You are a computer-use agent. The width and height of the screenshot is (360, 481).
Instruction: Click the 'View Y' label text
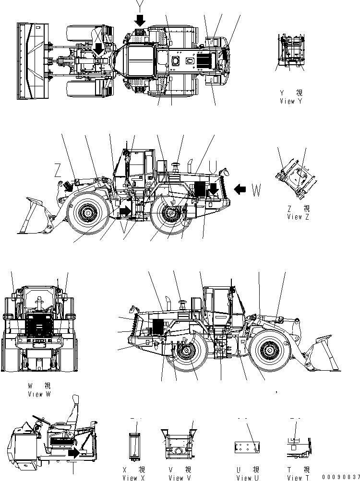coord(291,101)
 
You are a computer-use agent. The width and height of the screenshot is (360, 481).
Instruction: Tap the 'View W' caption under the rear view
coord(39,394)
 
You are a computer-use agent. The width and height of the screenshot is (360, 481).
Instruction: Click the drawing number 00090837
coord(341,477)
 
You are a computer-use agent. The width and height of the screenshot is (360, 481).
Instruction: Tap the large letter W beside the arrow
coord(256,190)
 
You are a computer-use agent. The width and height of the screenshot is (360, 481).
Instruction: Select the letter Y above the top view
coord(140,6)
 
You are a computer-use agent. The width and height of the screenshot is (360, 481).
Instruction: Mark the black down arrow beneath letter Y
coord(140,20)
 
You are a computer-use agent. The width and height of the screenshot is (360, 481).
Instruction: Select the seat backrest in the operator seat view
coord(75,408)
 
